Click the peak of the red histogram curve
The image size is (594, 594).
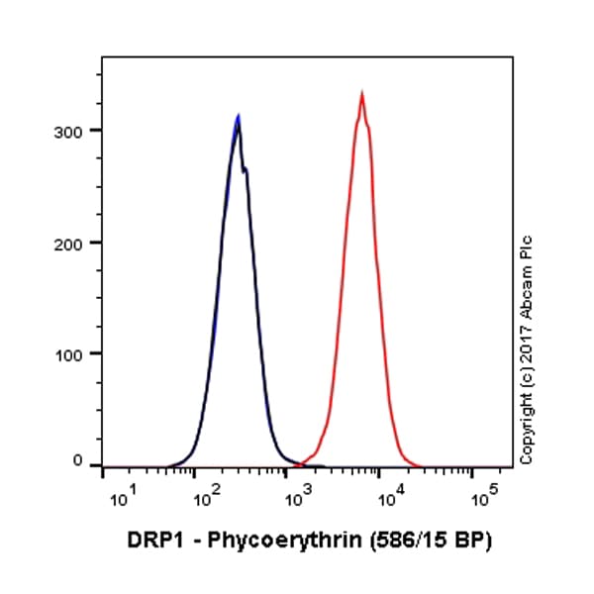362,94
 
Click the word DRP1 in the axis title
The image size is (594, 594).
154,542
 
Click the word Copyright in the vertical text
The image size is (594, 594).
526,432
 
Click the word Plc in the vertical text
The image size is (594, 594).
526,248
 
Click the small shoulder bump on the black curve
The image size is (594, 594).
246,169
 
